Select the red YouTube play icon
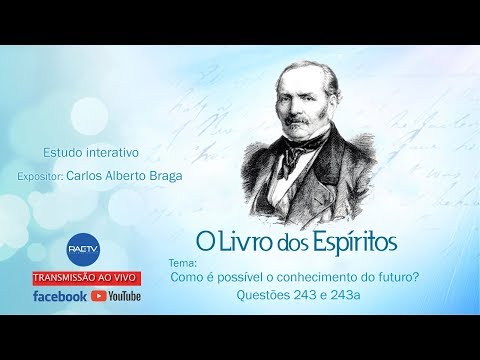coord(99,296)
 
